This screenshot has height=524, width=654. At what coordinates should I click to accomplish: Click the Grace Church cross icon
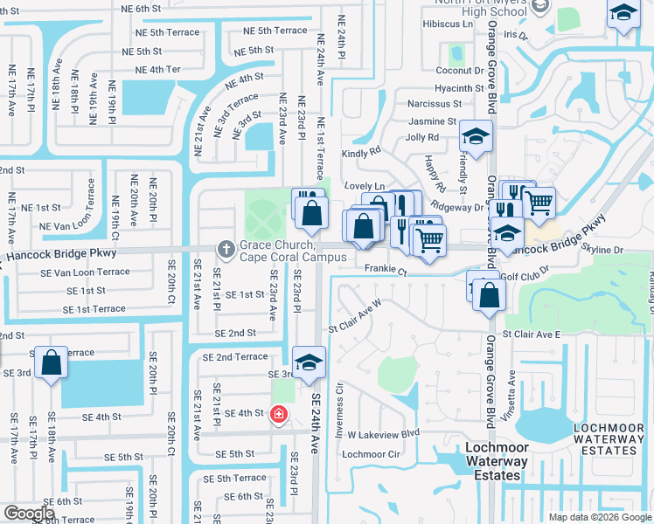pos(226,250)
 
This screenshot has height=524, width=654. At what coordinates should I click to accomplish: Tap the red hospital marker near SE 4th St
pos(278,414)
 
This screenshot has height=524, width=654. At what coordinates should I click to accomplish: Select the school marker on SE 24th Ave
pos(309,362)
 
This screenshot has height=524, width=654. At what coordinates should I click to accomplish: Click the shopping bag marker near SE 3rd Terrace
pos(52,362)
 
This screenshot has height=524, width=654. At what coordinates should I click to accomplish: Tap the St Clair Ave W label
pos(355,316)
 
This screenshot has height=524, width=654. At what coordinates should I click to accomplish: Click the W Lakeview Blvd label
pos(384,433)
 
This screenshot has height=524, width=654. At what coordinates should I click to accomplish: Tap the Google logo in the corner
pos(30,514)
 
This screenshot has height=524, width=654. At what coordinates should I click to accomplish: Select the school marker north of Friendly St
pos(476,136)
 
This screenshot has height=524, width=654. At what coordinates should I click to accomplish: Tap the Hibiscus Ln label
pos(447,24)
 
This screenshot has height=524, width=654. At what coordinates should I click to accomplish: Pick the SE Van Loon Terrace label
pos(85,272)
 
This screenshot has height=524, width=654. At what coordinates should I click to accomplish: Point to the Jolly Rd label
pos(422,138)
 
